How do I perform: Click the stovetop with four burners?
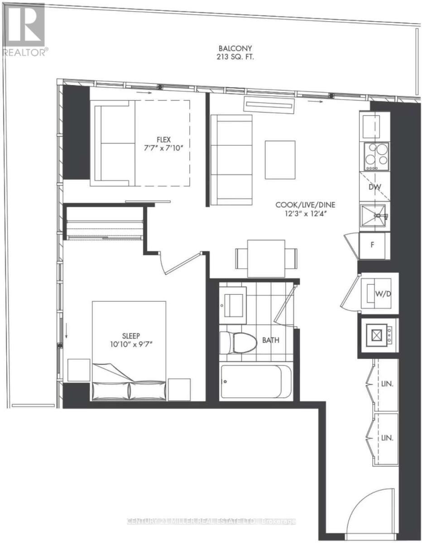coord(375,156)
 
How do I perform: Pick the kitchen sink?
coord(374,216)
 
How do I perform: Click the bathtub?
coord(256,381)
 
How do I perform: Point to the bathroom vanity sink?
coord(233,302)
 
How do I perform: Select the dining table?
coord(266,258)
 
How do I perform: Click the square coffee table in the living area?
coord(280,159)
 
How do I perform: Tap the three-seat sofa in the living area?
coord(232,160)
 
